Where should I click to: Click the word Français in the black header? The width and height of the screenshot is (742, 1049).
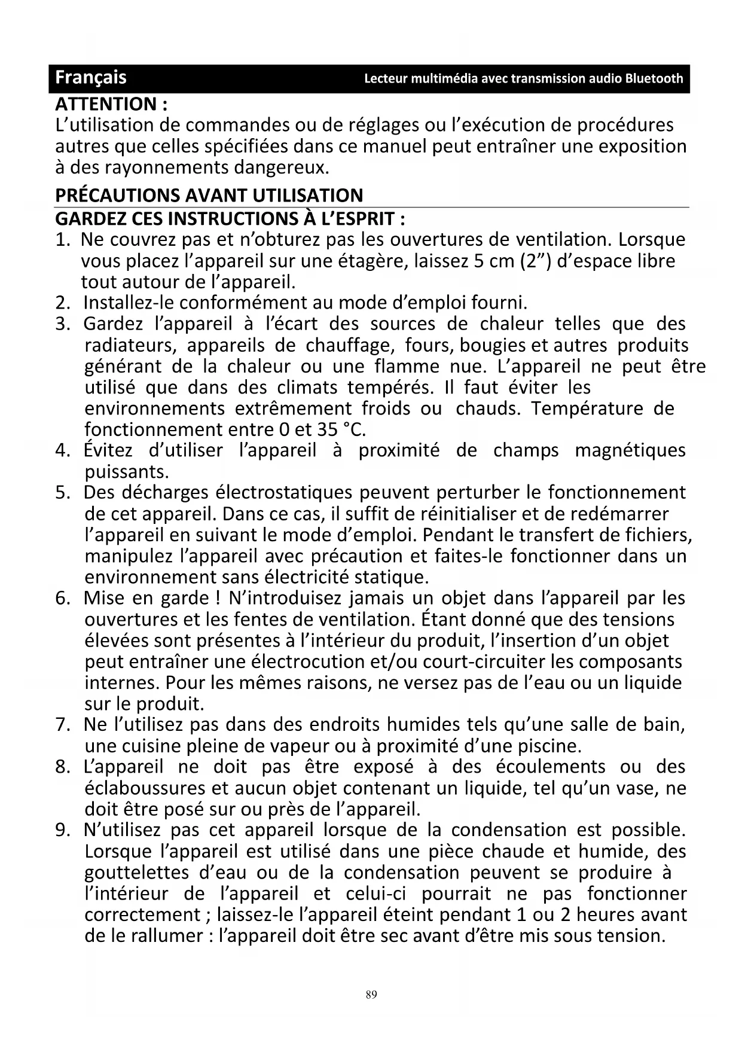pos(91,78)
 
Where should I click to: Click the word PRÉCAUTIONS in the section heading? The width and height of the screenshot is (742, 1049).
pos(117,196)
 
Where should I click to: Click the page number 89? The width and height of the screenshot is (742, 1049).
pos(371,995)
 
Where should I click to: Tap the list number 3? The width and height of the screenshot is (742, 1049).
pos(62,324)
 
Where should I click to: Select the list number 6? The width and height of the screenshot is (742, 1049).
pos(62,598)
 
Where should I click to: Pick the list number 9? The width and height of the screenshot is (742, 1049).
pos(62,830)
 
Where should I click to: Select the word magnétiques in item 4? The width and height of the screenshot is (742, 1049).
pos(630,450)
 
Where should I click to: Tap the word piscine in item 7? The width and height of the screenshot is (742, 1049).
pos(549,746)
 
